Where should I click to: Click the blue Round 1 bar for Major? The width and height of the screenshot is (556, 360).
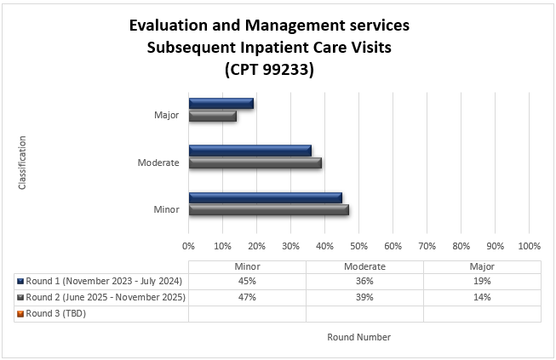[x=221, y=104]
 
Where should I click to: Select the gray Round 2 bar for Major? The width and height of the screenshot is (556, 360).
[x=212, y=116]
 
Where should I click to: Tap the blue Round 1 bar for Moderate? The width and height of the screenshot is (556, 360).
[x=249, y=151]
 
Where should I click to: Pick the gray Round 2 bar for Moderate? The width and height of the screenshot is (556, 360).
[x=255, y=163]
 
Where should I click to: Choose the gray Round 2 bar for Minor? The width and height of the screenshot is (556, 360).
[x=268, y=210]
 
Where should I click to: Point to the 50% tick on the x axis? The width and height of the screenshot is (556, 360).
[x=358, y=246]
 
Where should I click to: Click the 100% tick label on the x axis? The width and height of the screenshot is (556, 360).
[x=529, y=246]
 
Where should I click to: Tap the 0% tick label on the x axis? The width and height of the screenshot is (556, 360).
[x=189, y=246]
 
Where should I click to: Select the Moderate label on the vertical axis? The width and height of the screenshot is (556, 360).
[x=158, y=163]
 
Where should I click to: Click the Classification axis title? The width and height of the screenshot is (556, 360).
[x=22, y=163]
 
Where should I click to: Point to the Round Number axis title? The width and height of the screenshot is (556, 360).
[x=358, y=337]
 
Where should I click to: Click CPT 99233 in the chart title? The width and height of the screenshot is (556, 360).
[x=269, y=71]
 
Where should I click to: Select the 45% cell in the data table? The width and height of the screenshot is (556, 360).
[x=247, y=282]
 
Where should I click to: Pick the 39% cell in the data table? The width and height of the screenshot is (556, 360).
[x=364, y=297]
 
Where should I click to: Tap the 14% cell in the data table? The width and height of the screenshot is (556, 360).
[x=482, y=297]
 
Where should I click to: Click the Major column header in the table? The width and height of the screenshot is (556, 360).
[x=482, y=266]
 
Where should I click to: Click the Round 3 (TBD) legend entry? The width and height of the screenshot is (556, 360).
[x=56, y=313]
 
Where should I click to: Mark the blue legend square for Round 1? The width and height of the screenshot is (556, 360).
[x=20, y=282]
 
